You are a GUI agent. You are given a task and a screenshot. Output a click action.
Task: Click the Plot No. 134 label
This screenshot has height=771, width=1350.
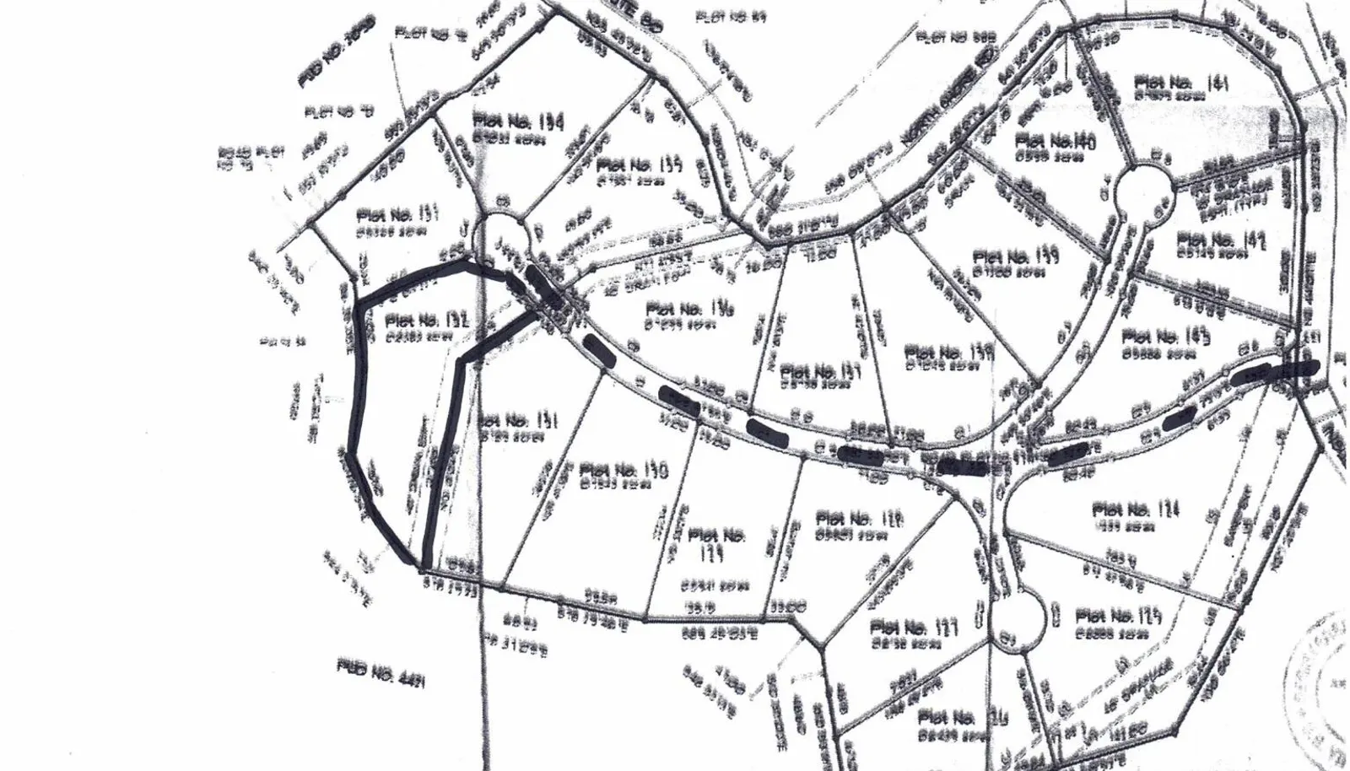pyautogui.click(x=519, y=121)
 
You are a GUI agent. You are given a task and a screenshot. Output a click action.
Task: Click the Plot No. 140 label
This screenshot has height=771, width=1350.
pyautogui.click(x=1056, y=141)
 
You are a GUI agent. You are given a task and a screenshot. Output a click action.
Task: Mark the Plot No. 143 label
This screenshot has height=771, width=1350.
pyautogui.click(x=1167, y=336)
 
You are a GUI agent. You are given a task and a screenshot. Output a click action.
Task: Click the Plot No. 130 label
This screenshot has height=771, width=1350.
pyautogui.click(x=624, y=470)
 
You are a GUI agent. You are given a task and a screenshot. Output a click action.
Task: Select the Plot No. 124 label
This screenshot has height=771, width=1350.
pyautogui.click(x=1136, y=510)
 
